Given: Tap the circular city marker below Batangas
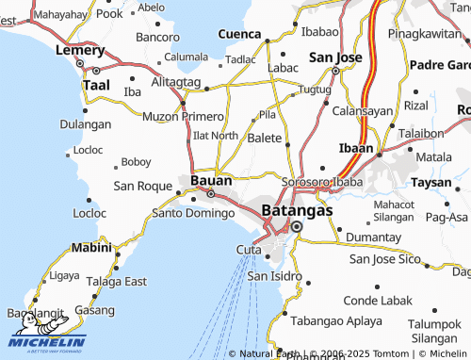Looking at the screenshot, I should tap(297, 227).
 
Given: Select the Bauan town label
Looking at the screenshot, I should tap(211, 179).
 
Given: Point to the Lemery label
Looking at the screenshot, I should tap(79, 49).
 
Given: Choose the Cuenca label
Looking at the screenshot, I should tap(239, 34).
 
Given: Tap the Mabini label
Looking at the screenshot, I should tap(90, 248).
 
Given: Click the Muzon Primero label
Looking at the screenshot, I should tap(183, 117).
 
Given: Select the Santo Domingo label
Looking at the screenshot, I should tap(192, 213).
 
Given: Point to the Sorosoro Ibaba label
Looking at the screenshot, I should tap(321, 180).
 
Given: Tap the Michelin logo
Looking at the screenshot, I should tap(47, 340).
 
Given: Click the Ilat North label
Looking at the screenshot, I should tap(215, 136).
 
